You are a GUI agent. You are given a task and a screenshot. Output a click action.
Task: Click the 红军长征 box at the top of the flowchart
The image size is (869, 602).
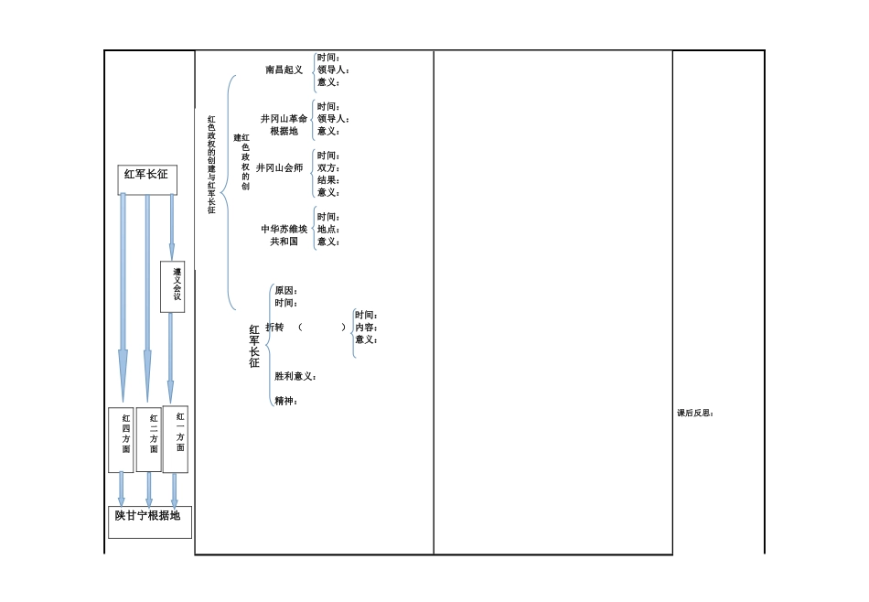[x=147, y=179]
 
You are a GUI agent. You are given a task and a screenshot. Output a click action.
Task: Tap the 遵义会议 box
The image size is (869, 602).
[x=172, y=286]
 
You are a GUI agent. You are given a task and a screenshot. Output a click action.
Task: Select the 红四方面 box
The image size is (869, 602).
[x=121, y=440]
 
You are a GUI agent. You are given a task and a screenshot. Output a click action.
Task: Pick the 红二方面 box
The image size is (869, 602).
[x=148, y=439]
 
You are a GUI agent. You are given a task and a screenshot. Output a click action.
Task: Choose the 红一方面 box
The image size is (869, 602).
[x=175, y=439]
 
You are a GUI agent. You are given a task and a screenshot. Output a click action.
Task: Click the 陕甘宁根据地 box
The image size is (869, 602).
[x=150, y=521]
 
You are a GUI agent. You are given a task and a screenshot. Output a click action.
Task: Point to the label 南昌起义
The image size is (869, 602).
[x=284, y=70]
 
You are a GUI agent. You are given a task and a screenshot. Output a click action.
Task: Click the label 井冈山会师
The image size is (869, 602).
[x=279, y=168]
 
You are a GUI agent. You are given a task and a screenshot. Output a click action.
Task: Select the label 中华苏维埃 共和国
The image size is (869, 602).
[x=284, y=235]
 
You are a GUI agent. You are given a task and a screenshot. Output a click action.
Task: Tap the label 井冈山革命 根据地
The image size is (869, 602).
[x=284, y=124]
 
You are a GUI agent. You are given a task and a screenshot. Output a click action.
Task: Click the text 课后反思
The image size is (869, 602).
[x=695, y=413]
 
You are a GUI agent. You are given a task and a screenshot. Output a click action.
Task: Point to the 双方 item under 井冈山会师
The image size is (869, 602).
[x=328, y=168]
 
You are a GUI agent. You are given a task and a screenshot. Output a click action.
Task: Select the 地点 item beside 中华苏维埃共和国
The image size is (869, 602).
[x=328, y=230]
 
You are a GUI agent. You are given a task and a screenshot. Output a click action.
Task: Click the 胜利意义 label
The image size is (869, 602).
[x=295, y=376]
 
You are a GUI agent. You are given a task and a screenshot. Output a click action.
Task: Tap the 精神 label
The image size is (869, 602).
[x=285, y=401]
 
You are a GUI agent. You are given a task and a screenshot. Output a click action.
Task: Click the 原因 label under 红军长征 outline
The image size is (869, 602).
[x=286, y=290]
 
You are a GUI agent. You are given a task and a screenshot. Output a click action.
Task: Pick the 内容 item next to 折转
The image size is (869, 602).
[x=366, y=328]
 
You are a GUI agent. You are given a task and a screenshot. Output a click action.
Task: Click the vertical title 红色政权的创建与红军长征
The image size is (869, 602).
[x=211, y=165]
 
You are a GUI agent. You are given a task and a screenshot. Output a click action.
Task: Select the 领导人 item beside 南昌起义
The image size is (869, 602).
[x=333, y=70]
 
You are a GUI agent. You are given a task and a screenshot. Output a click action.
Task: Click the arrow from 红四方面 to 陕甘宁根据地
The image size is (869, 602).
[x=122, y=489]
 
